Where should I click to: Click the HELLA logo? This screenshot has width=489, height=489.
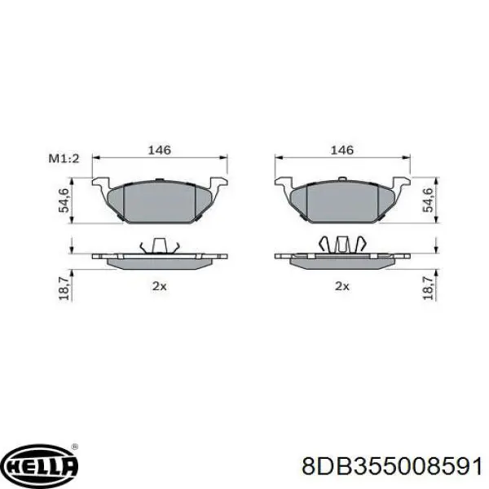click(x=42, y=465)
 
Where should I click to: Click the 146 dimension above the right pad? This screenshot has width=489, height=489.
click(x=341, y=150)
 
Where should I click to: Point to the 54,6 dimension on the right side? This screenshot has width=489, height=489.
click(x=428, y=200)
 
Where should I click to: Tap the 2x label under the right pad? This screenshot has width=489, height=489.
click(x=341, y=286)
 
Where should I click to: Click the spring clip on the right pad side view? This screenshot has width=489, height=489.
click(x=341, y=244)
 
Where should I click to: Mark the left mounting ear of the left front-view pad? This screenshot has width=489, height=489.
click(x=103, y=184)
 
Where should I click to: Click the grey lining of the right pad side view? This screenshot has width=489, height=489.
click(x=341, y=262)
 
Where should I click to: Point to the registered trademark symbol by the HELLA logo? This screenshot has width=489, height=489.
click(x=75, y=447)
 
